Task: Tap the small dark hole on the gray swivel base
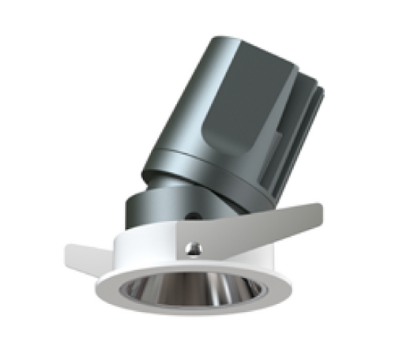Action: tap(190, 215)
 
